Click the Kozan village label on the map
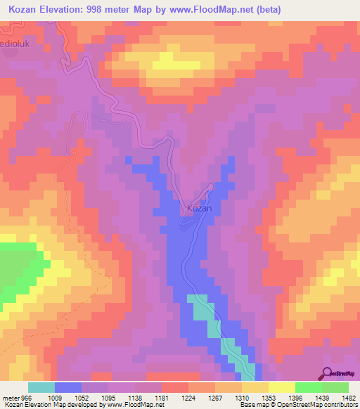pos(198,209)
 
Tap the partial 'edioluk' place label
pos(15,44)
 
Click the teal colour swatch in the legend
pos(41,387)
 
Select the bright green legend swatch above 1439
pos(308,387)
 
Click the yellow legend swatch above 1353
pos(255,387)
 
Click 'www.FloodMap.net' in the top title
pos(216,8)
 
